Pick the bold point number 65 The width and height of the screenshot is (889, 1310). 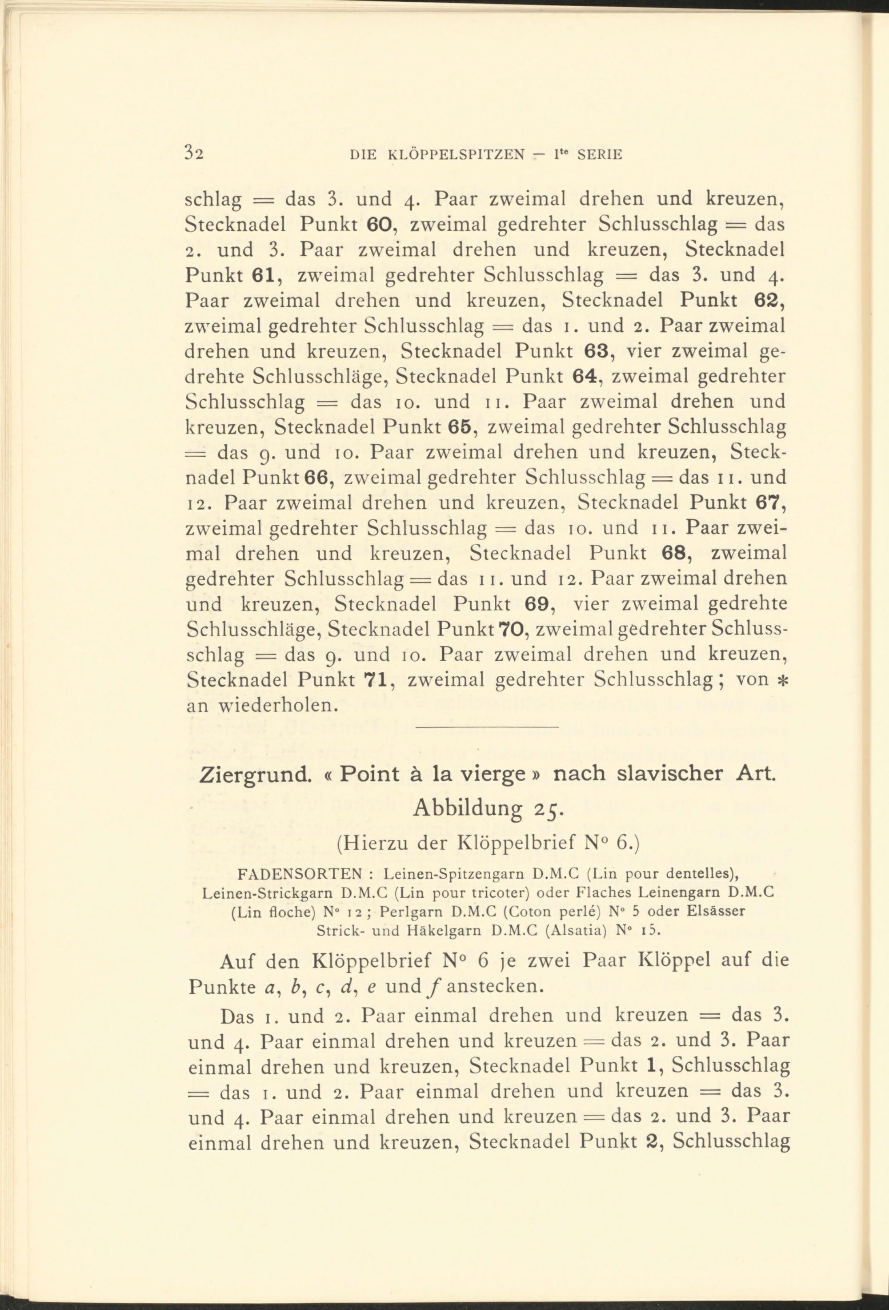tap(463, 427)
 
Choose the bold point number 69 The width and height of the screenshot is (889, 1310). tap(537, 604)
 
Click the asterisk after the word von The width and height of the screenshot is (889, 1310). tap(782, 680)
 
